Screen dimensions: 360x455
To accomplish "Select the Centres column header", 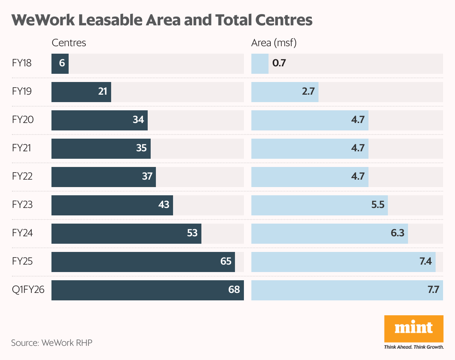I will point(69,43).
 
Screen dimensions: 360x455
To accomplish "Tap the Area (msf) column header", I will point(274,43).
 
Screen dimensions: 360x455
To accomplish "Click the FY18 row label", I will point(22,63).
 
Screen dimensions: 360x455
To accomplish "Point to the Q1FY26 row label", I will point(28,290).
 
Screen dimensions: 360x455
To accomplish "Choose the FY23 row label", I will point(22,205).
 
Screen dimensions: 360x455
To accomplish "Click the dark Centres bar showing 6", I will point(60,63).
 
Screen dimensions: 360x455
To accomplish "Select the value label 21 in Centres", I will point(103,92).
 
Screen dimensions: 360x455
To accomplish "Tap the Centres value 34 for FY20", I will point(138,120).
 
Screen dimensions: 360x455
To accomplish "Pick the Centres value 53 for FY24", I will point(192,233).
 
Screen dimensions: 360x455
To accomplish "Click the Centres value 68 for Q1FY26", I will point(234,290).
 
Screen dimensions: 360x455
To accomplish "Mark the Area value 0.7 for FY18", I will point(279,63).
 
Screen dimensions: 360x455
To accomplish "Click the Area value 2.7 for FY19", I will point(308,92).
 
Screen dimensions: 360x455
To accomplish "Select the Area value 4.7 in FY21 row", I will point(358,148).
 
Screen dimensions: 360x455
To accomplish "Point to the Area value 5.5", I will point(378,205).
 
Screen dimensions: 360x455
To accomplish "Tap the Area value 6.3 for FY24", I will point(398,233).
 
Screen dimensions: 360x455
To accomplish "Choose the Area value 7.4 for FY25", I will point(426,261).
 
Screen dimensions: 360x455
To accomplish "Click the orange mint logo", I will point(414,328).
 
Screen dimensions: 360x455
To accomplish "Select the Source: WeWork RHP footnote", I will point(51,342).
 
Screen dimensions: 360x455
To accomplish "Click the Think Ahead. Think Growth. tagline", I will point(414,347).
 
